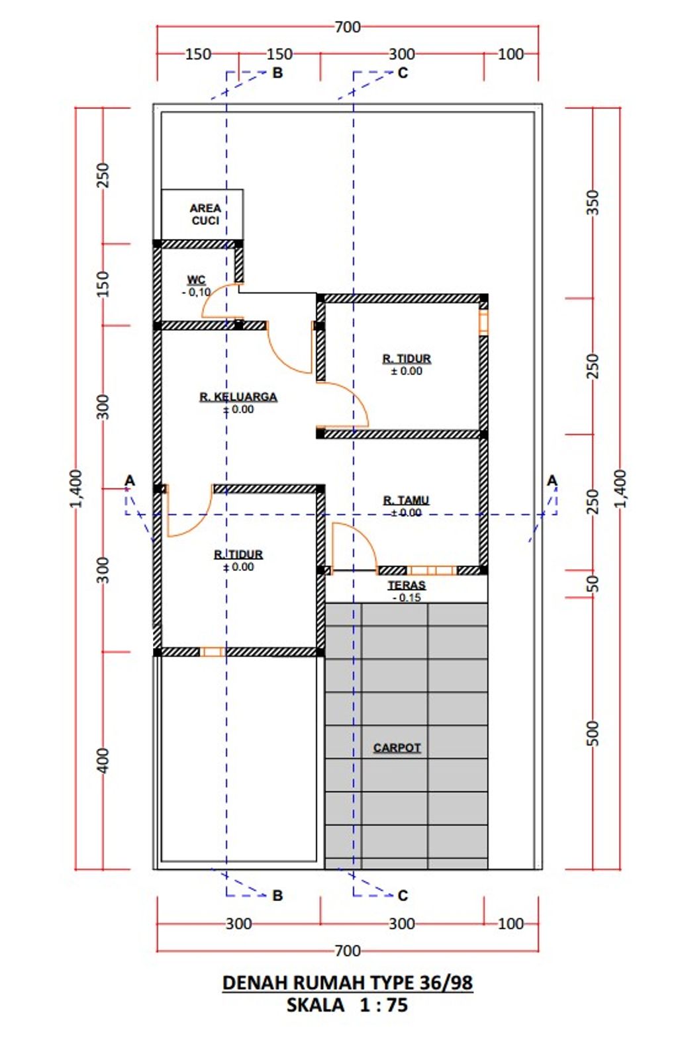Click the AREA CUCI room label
point(205,214)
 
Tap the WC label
point(196,280)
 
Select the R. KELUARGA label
point(238,397)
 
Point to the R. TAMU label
point(406,500)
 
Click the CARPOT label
point(397,748)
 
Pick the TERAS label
point(407,585)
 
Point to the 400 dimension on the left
point(103,760)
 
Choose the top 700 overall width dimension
point(348,27)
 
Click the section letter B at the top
point(277,73)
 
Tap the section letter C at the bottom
point(403,895)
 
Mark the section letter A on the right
point(552,480)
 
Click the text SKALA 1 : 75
point(347,1005)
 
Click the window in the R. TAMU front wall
point(432,570)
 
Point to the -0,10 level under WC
point(196,292)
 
